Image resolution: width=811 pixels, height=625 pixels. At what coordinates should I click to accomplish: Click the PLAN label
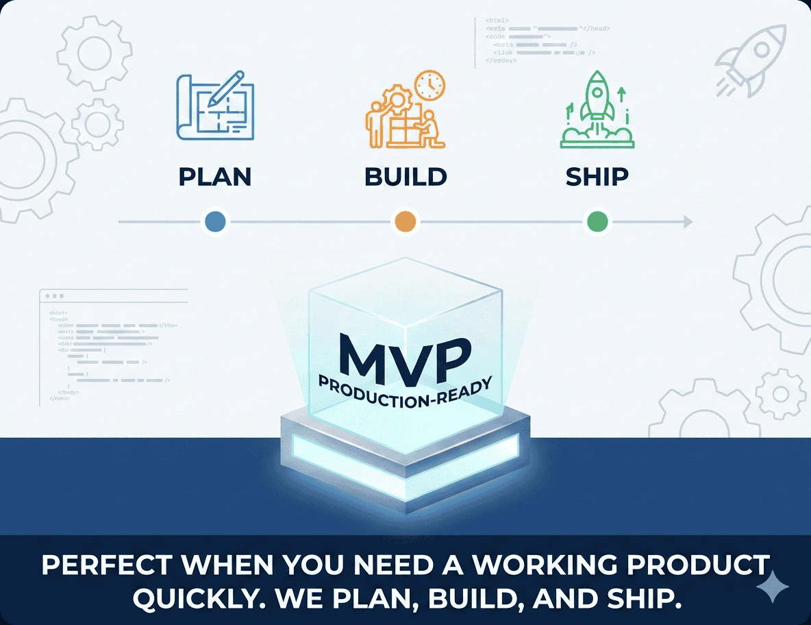pyautogui.click(x=215, y=177)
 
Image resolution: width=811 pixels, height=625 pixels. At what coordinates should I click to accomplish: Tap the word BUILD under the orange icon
pyautogui.click(x=405, y=177)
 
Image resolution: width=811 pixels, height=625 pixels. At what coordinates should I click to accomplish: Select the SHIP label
pyautogui.click(x=597, y=177)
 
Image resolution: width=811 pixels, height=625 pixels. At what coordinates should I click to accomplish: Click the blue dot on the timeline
pyautogui.click(x=215, y=222)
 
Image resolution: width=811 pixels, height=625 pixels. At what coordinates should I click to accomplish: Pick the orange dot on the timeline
pyautogui.click(x=405, y=222)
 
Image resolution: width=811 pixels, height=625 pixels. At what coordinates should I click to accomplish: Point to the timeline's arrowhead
pyautogui.click(x=687, y=222)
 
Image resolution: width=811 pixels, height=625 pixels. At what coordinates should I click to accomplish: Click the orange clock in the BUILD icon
pyautogui.click(x=430, y=84)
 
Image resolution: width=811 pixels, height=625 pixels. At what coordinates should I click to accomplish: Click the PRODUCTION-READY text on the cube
pyautogui.click(x=405, y=393)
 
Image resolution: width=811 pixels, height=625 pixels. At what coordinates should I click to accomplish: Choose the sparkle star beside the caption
pyautogui.click(x=773, y=588)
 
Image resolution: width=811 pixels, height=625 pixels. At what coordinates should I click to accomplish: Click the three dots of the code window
pyautogui.click(x=53, y=296)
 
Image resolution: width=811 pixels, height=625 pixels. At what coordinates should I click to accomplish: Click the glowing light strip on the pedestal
pyautogui.click(x=405, y=449)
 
